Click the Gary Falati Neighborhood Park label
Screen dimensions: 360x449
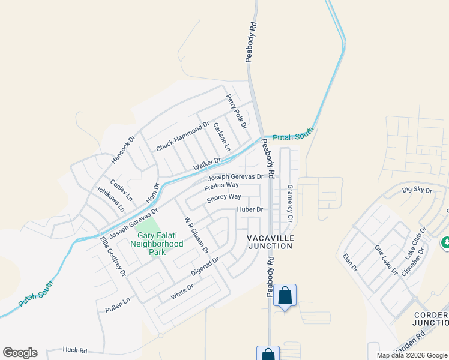pos(157,244)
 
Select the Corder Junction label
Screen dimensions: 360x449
pos(431,319)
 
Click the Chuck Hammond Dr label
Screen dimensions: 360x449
pos(182,137)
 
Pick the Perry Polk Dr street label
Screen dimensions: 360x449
pos(237,111)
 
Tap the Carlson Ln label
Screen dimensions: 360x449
pos(221,136)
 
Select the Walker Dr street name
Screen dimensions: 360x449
pos(207,164)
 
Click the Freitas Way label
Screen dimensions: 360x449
pos(221,186)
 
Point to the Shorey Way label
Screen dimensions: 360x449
pos(224,197)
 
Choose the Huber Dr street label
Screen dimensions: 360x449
pos(250,209)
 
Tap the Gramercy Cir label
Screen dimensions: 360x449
pos(289,203)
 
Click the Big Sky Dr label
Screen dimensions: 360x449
pos(417,190)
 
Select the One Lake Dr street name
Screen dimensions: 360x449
pos(386,260)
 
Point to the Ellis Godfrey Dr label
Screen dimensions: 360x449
pos(113,256)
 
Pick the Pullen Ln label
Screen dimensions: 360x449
pos(117,304)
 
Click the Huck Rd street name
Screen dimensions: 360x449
pos(75,350)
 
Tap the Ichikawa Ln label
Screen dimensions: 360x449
pos(111,199)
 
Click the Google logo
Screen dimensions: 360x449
pos(20,353)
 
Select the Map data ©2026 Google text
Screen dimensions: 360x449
pos(411,355)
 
